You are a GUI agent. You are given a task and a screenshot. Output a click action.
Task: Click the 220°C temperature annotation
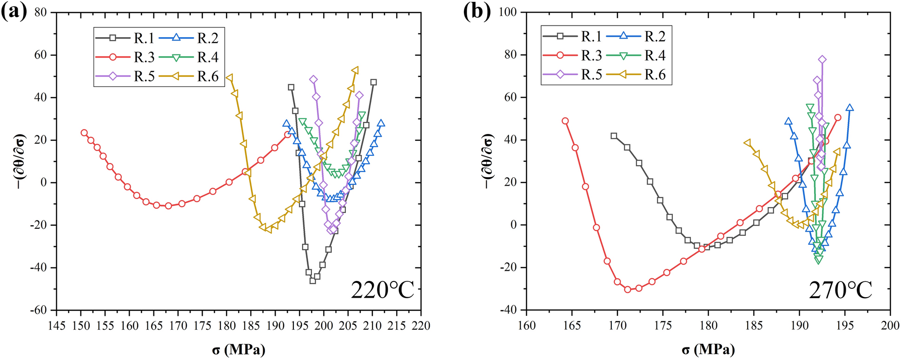point(382,291)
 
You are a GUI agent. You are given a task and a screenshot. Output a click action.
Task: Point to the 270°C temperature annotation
point(841,291)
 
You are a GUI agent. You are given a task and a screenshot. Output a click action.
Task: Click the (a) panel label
point(14,12)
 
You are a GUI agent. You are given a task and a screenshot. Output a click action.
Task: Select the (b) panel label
point(477,12)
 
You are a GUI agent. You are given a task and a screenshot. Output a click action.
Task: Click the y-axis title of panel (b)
point(488,161)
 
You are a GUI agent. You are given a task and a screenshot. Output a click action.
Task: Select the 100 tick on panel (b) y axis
point(508,12)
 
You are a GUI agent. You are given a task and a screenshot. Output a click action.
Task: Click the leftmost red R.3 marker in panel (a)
point(84,133)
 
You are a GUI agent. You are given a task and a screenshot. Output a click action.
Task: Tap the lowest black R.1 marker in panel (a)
point(313,280)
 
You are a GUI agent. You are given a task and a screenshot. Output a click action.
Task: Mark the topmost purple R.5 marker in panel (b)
point(822,60)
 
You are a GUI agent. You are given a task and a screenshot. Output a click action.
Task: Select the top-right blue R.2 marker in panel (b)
point(850,108)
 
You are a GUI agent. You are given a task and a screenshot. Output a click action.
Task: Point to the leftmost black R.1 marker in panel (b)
point(614,136)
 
